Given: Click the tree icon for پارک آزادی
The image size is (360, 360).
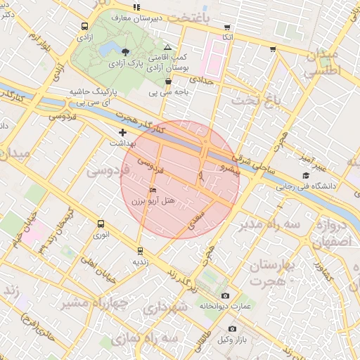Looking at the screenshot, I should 125,52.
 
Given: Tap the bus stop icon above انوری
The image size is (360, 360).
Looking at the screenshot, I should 101,224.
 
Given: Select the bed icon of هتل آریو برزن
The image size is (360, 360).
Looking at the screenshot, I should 153,190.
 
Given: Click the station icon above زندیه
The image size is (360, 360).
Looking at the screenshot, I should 140,250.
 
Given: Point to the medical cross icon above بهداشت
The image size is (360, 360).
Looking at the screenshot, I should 122,132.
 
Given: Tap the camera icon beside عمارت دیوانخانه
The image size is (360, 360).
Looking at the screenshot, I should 225,295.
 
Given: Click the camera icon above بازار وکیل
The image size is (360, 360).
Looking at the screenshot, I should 232,328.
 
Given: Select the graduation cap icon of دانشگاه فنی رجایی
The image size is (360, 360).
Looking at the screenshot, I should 305,176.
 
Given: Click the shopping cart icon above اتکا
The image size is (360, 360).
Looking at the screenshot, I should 226,27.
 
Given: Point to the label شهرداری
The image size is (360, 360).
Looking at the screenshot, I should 165,308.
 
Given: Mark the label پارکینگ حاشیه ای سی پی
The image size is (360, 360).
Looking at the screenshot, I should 93,97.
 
